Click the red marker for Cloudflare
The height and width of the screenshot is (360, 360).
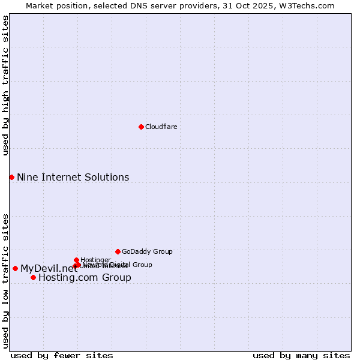coord(141,127)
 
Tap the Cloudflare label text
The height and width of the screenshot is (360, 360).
coord(161,127)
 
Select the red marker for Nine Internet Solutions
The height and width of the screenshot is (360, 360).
coord(11,177)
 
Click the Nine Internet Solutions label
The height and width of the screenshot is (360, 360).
coord(73,177)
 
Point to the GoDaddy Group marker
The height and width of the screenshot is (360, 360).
coord(118,251)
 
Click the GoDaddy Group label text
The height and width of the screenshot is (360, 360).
coord(147,251)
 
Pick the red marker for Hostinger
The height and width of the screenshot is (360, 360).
coord(76,260)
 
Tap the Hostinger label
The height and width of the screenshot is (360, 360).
coord(95,260)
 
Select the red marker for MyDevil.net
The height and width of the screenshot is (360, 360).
coord(15,268)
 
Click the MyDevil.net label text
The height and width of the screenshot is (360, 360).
coord(49,268)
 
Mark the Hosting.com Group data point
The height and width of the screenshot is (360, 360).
coord(33,277)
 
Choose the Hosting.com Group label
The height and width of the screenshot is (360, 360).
coord(85,277)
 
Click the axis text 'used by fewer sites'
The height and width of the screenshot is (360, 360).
coord(62,355)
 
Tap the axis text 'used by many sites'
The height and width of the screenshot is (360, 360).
coord(301,355)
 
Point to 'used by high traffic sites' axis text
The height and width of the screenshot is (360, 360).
coord(6,86)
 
